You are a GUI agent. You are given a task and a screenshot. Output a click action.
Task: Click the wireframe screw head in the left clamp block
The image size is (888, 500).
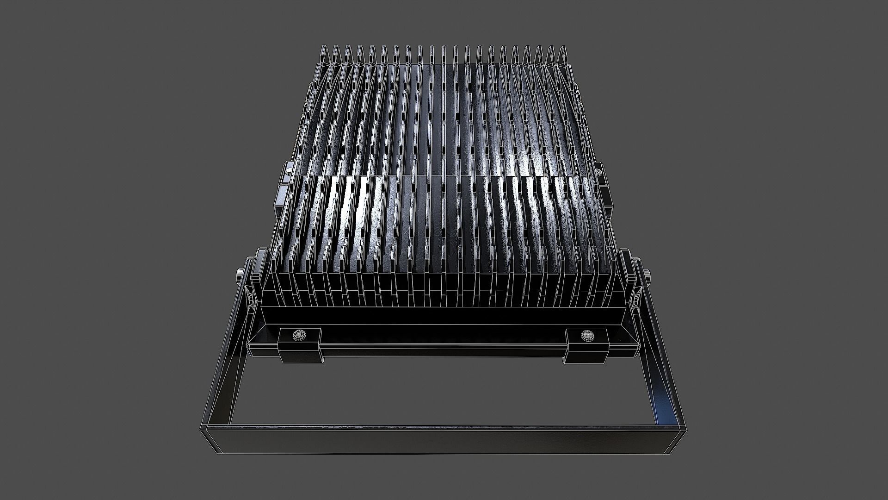(x=296, y=334)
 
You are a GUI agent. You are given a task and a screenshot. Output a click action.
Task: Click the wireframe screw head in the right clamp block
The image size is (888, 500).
(x=587, y=334)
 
